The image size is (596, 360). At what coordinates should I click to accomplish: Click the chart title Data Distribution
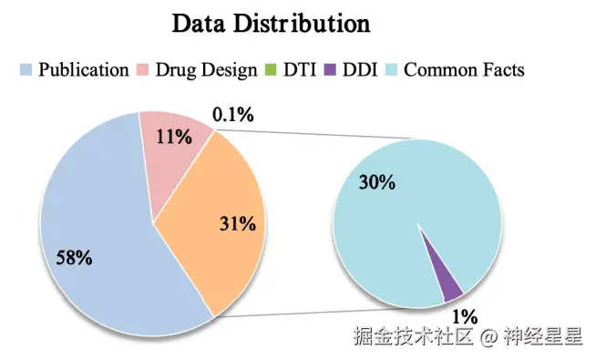click(x=271, y=23)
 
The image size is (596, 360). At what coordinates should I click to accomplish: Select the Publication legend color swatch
click(x=26, y=69)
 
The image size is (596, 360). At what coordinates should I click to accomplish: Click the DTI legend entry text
click(x=296, y=69)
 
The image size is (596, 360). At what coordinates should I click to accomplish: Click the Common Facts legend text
click(x=464, y=69)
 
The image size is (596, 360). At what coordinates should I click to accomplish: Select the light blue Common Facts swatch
click(x=392, y=69)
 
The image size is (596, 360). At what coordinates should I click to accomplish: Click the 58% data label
click(x=74, y=258)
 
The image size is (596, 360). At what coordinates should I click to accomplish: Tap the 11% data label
click(x=173, y=139)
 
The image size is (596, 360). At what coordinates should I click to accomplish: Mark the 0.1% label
click(x=232, y=115)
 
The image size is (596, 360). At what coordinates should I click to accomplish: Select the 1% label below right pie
click(x=465, y=316)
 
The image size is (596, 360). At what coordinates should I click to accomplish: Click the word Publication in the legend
click(x=83, y=69)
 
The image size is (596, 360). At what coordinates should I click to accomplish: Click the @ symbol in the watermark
click(x=488, y=338)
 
